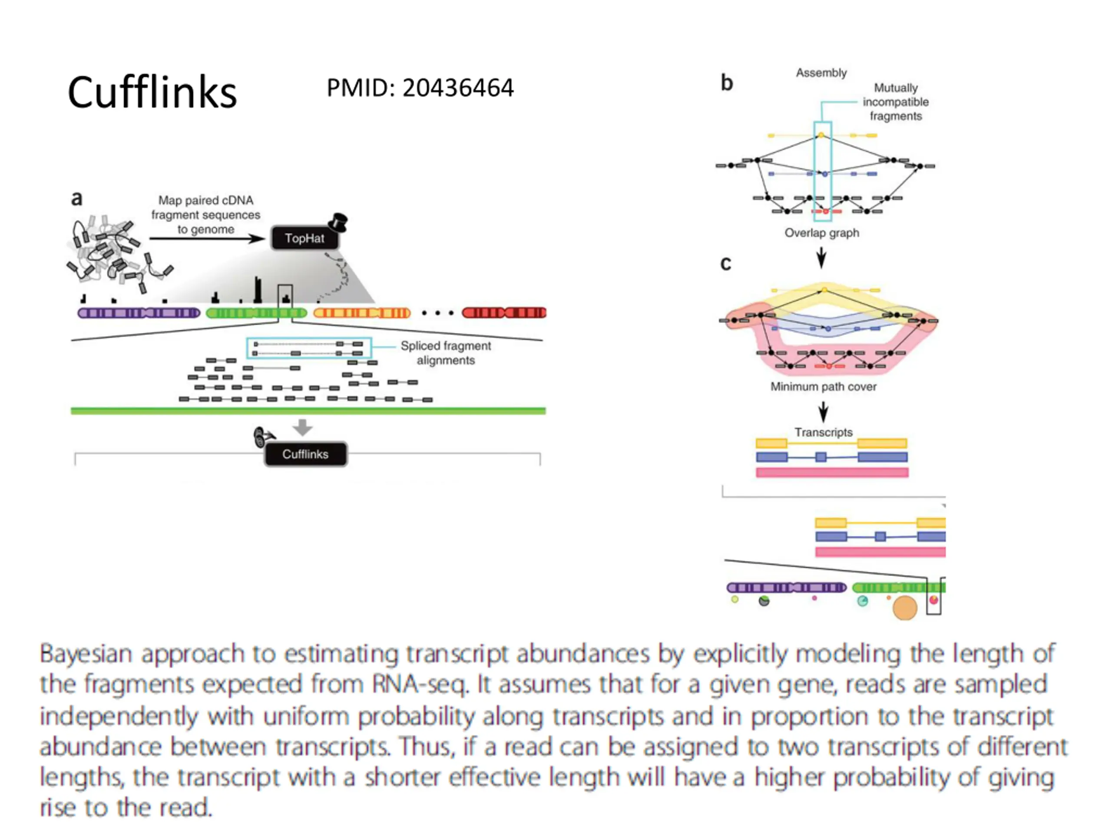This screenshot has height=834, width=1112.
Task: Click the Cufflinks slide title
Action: tap(152, 92)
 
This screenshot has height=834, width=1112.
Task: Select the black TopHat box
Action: tap(304, 238)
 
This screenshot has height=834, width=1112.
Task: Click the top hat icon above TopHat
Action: tap(338, 222)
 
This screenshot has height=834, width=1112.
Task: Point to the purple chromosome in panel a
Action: tap(139, 313)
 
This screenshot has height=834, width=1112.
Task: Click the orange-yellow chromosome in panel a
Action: tap(362, 313)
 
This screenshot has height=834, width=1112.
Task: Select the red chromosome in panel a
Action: tap(504, 313)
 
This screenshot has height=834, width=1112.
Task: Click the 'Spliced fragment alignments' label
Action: tap(445, 353)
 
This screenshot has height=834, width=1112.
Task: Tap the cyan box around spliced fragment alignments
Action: tap(309, 338)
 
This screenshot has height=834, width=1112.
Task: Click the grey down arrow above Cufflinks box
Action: tap(302, 427)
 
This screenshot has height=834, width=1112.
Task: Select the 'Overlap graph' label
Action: tap(822, 233)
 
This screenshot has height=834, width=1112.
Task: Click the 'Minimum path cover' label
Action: tap(824, 387)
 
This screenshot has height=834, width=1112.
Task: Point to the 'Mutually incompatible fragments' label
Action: tap(896, 102)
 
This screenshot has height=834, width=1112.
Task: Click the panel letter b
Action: tap(727, 83)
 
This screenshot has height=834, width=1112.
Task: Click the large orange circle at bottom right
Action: tap(905, 608)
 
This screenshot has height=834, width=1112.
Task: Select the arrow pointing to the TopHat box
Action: tap(207, 238)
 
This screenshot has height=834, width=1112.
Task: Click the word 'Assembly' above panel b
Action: tap(821, 73)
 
